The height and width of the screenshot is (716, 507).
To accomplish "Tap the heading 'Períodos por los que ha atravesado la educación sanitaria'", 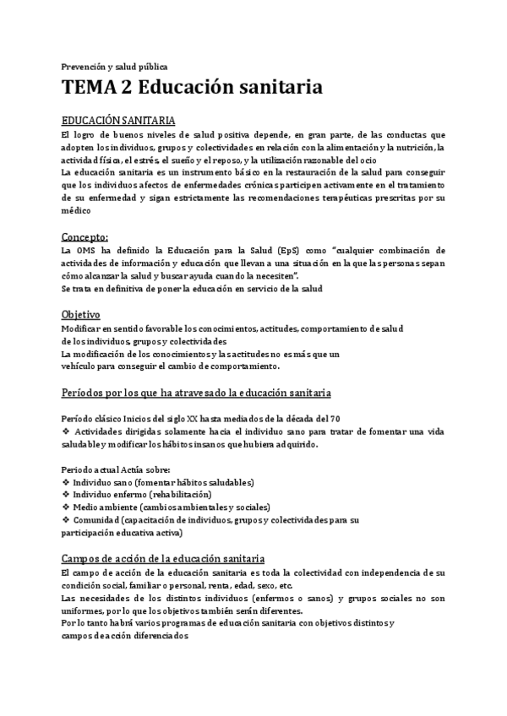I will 196,393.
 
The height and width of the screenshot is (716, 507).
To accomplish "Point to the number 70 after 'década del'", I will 335,420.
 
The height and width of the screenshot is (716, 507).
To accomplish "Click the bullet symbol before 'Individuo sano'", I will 67,482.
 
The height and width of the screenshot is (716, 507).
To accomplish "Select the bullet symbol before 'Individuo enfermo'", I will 67,495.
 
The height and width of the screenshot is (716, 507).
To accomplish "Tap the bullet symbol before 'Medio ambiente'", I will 67,507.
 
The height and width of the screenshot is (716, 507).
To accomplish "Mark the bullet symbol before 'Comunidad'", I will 67,520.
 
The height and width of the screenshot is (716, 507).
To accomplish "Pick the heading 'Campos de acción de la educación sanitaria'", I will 164,558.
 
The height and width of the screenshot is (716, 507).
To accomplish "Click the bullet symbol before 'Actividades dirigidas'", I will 67,432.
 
